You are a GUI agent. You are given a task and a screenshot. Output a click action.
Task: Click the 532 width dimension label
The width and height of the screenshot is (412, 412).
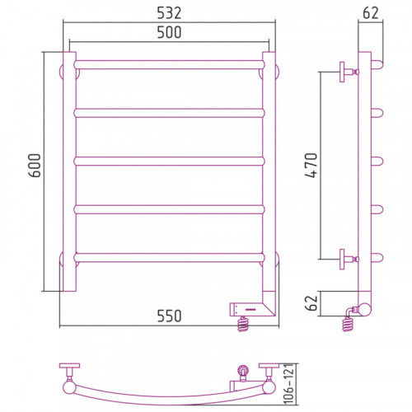coord(169,13)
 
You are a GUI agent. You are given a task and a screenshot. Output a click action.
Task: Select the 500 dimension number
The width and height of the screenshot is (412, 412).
coord(169,32)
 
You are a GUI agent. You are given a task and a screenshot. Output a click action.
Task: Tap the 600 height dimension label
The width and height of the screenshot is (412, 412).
coord(35,166)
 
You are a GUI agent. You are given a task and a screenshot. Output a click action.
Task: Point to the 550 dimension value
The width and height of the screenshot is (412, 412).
coord(169,316)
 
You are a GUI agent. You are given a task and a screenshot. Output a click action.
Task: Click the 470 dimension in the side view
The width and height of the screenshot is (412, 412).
coord(311,166)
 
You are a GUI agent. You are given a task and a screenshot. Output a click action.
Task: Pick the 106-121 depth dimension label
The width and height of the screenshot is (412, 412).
coord(289,384)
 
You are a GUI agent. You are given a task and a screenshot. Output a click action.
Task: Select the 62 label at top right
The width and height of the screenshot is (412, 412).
coord(371,13)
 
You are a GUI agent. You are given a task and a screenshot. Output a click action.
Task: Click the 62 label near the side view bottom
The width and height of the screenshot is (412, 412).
coord(311,303)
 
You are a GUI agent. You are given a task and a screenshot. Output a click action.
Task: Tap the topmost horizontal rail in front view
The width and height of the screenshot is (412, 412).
coord(169,65)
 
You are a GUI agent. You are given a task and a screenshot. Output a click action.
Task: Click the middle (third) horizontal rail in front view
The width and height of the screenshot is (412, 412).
coord(169,162)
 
